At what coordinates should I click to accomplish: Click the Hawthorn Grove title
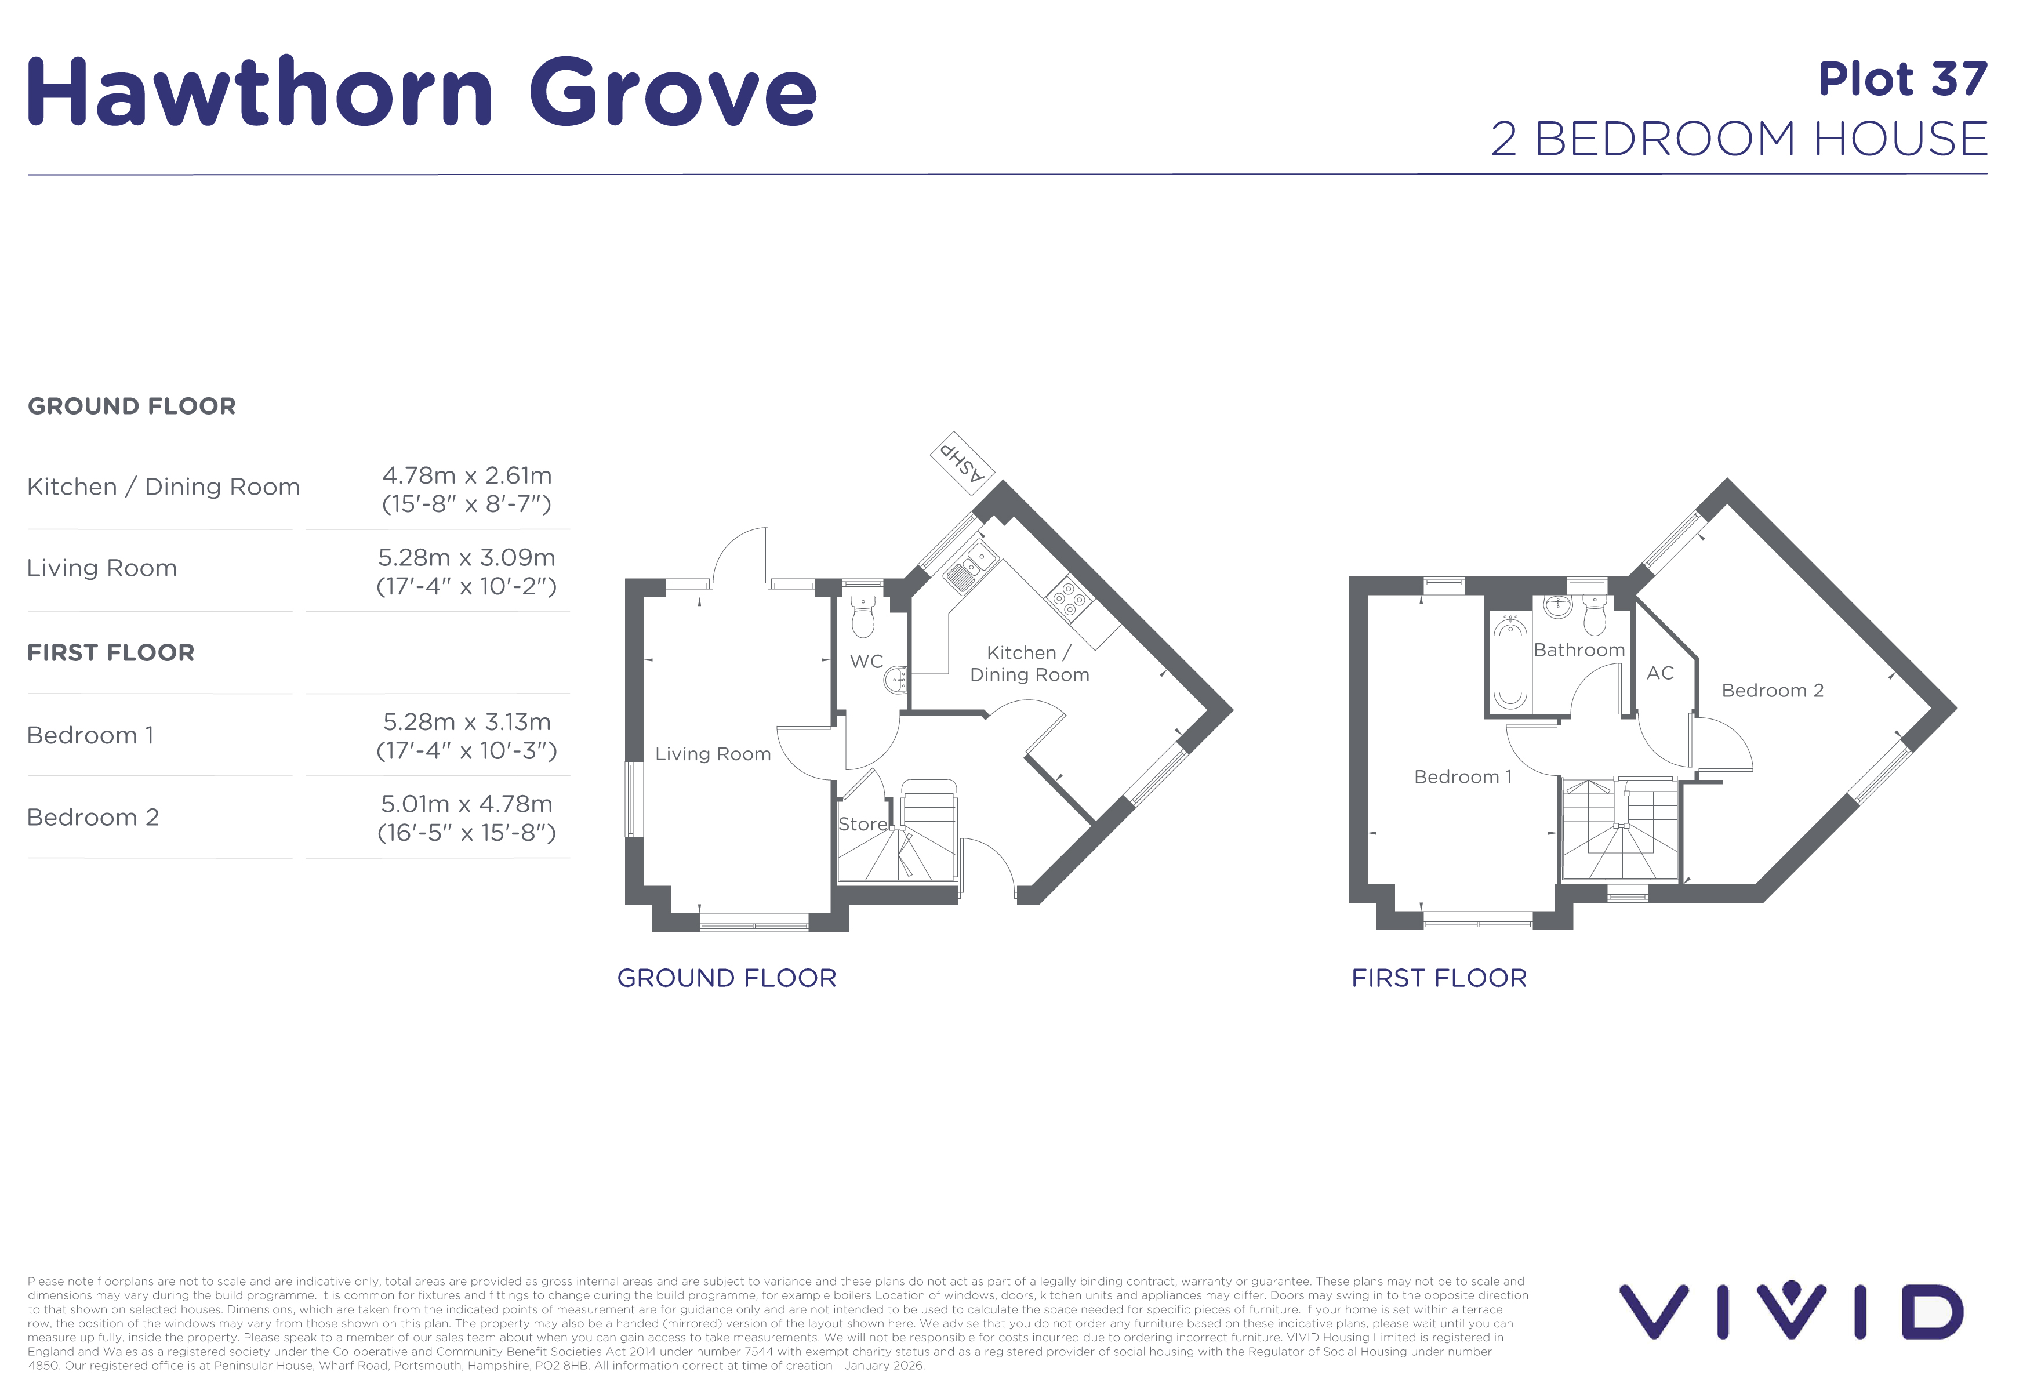point(422,92)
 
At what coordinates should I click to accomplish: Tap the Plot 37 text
point(1903,79)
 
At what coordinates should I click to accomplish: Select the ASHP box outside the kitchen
point(963,463)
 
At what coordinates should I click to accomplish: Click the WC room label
point(866,662)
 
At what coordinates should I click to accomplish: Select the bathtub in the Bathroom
point(1510,662)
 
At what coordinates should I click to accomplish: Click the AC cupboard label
point(1660,673)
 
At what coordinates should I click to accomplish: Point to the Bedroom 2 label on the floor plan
point(1773,690)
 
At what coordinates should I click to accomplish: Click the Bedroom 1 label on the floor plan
point(1463,776)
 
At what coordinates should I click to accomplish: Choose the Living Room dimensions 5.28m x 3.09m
point(467,571)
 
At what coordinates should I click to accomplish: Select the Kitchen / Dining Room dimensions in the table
point(467,489)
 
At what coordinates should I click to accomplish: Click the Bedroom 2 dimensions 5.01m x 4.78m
point(467,818)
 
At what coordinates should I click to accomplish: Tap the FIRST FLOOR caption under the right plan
point(1439,978)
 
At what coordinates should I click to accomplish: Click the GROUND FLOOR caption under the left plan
point(727,978)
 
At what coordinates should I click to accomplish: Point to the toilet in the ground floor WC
point(863,617)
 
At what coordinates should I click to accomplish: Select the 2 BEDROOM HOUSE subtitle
point(1739,139)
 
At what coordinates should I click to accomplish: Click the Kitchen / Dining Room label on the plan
point(1030,663)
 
